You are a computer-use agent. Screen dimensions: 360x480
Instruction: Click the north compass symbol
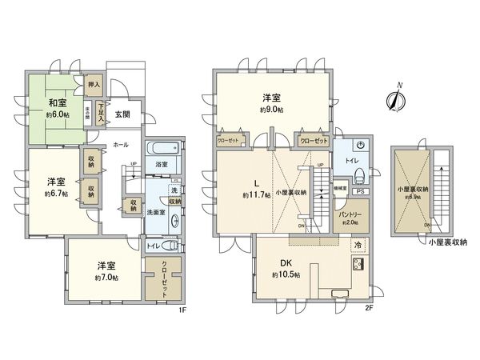coord(394,99)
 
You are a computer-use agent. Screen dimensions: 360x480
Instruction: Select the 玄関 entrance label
coord(122,114)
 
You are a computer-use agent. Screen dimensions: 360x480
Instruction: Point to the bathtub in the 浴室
coord(157,149)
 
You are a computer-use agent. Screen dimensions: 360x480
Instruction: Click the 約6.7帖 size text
coord(54,193)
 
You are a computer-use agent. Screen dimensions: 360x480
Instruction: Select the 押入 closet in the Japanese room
coord(94,83)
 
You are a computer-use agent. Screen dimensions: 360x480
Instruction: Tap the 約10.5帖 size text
coord(286,274)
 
